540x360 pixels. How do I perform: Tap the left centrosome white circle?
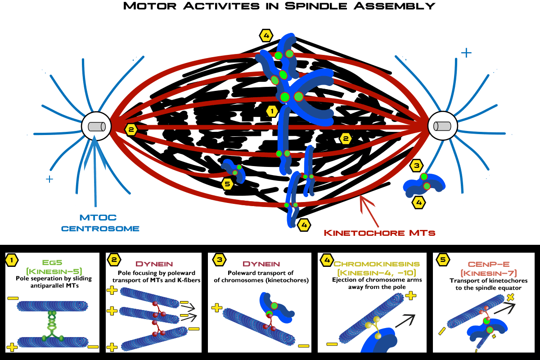96,126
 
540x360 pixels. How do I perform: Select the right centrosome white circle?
442,126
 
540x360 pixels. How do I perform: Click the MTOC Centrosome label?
100,224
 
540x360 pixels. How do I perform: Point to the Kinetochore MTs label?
380,233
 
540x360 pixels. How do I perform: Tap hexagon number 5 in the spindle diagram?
228,184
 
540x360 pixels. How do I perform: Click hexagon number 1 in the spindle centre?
271,111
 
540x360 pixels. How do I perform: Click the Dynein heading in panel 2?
153,263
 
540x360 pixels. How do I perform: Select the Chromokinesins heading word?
377,263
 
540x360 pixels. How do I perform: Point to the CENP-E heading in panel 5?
489,263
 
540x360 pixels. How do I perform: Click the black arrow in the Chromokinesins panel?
404,320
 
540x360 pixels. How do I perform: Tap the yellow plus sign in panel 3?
217,308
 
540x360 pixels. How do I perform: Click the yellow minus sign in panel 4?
332,344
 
